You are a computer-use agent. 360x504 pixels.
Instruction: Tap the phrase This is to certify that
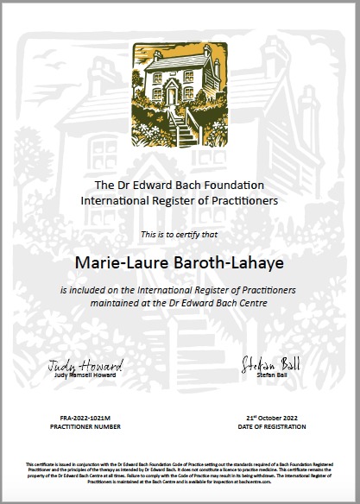click(180, 234)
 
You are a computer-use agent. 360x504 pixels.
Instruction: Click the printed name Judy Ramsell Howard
click(85, 375)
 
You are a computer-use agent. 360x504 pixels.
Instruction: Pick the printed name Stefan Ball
click(265, 375)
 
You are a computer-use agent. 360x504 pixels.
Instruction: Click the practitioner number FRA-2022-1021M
click(85, 418)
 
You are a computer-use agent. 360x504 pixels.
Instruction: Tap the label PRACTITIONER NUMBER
click(85, 427)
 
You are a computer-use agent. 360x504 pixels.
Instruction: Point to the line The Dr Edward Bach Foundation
click(180, 186)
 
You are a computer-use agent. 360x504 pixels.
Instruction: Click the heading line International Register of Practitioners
click(180, 200)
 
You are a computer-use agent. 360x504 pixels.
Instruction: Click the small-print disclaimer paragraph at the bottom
click(180, 473)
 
